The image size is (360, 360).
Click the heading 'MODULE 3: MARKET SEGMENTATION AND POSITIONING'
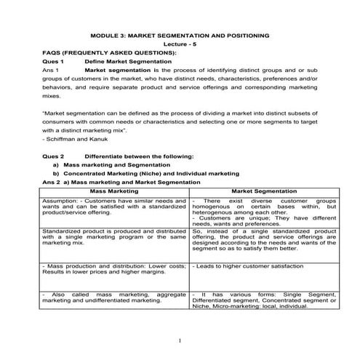pos(179,35)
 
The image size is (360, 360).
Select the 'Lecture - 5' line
pos(179,44)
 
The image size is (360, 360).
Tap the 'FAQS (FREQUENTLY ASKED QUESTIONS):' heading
pos(108,54)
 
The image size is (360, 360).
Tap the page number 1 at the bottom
pos(180,340)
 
